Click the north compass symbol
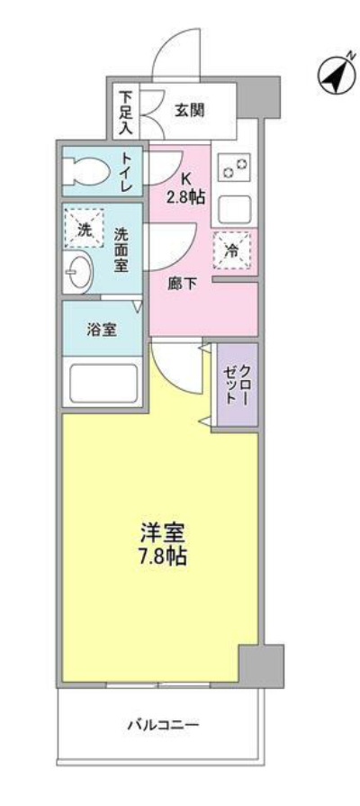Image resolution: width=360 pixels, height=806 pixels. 334,76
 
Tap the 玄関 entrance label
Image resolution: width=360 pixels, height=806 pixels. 188,111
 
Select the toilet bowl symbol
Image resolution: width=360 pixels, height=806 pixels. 86,169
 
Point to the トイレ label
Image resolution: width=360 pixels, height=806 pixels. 127,170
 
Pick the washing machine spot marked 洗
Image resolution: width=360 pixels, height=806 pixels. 85,230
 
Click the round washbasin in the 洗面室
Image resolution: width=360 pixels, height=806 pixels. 80,270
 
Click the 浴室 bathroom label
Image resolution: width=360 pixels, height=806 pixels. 101,329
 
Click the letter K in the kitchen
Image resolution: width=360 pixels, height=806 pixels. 185,178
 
